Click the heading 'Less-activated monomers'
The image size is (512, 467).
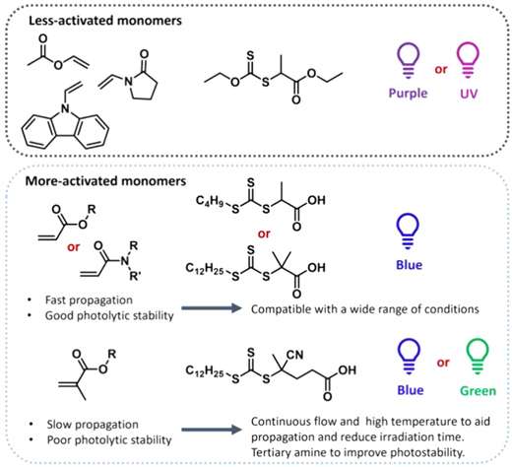(x=105, y=21)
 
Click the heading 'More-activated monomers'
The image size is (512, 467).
(x=105, y=181)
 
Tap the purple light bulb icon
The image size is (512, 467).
(x=408, y=61)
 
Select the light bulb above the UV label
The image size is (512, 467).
(x=468, y=61)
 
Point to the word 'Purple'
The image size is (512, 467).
(x=408, y=94)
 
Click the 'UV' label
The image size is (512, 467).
(x=469, y=94)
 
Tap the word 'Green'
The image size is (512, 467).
(x=478, y=391)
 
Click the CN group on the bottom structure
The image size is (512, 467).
(x=294, y=355)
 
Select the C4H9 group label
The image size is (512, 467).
(x=210, y=201)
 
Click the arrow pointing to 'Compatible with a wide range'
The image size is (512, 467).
(x=212, y=308)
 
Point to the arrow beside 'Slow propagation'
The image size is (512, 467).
(x=212, y=430)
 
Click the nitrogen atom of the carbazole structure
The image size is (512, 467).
(x=66, y=107)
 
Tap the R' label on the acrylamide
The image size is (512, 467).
(x=135, y=276)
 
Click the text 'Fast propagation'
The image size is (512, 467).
(x=89, y=300)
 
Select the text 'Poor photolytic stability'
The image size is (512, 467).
(x=109, y=440)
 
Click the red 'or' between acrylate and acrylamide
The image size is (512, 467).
(x=73, y=247)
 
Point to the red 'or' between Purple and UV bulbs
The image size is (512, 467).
(x=441, y=70)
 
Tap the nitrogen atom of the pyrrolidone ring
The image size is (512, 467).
(x=127, y=82)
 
